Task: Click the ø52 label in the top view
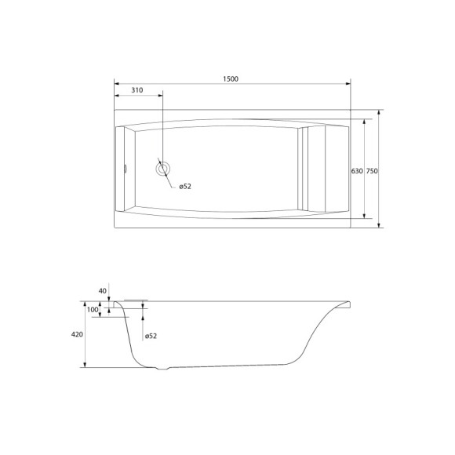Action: click(185, 186)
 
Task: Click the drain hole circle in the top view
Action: click(163, 166)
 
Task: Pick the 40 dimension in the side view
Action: click(102, 291)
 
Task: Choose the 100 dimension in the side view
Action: click(93, 310)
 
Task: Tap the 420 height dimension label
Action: click(77, 334)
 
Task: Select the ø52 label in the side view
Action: click(151, 337)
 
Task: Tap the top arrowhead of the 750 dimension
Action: click(380, 112)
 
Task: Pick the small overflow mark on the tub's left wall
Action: click(125, 166)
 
